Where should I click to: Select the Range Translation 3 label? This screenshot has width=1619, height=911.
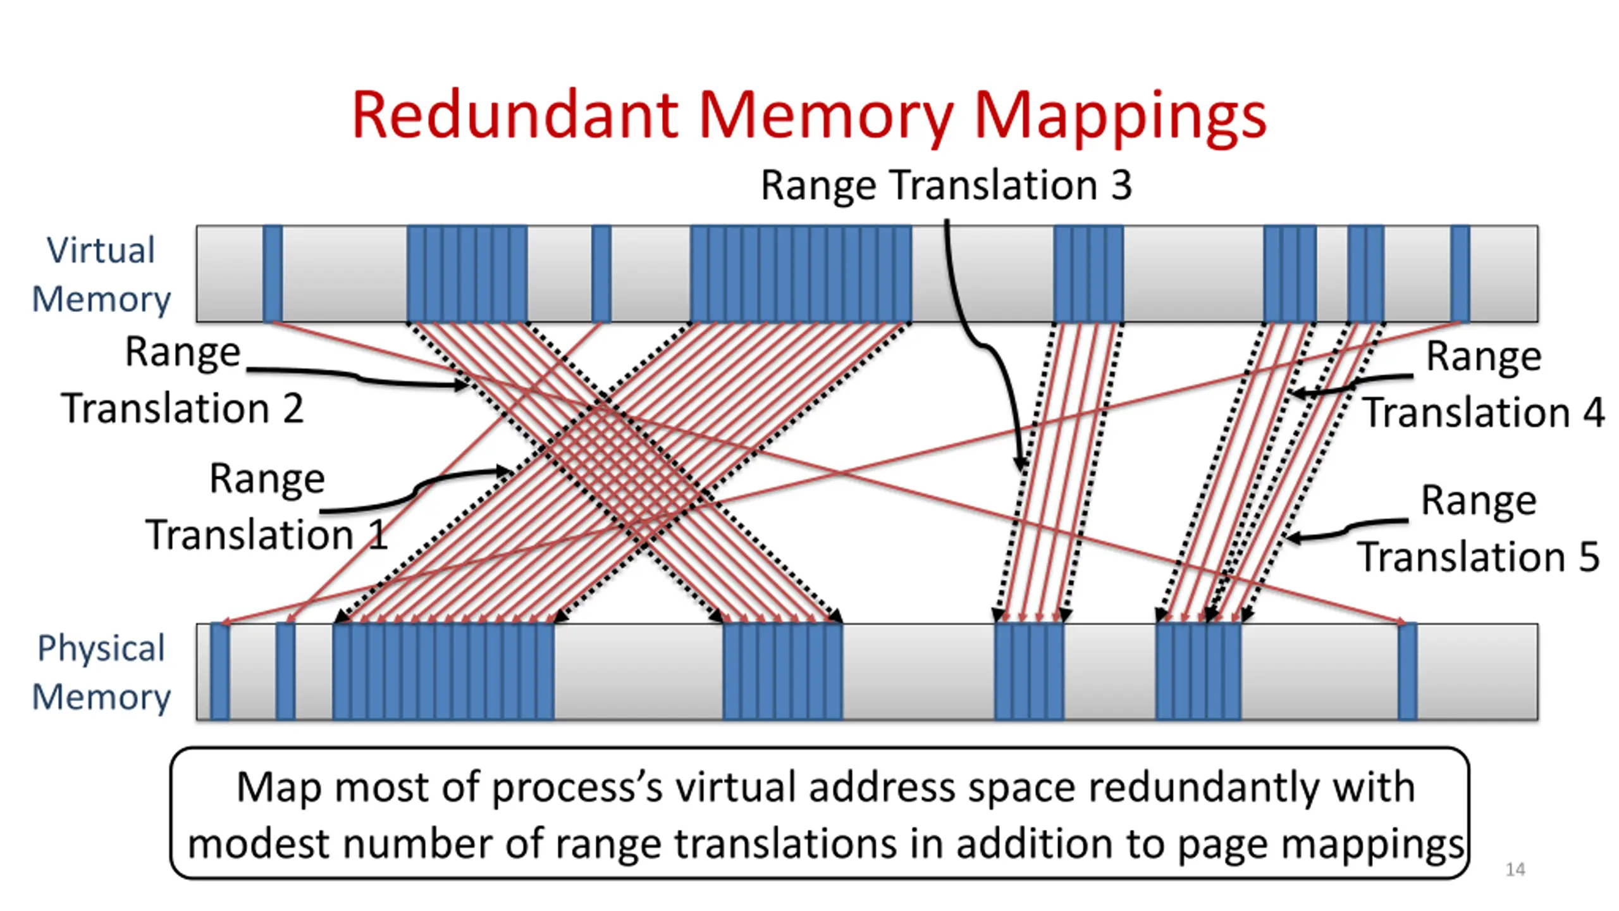(x=946, y=185)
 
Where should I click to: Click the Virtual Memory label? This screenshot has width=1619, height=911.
(x=101, y=274)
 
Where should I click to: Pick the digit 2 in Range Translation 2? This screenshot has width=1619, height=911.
(x=292, y=409)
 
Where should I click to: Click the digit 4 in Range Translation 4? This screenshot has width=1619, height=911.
(x=1593, y=413)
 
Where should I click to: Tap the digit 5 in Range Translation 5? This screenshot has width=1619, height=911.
(x=1589, y=557)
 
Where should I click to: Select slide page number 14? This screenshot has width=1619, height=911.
(x=1515, y=869)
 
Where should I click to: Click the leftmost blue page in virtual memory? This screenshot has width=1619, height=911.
(x=273, y=274)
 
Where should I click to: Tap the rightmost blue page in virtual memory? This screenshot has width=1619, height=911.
(x=1460, y=274)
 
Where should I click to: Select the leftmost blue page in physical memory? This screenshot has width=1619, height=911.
(x=219, y=672)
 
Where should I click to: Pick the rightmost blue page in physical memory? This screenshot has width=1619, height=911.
(x=1407, y=672)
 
